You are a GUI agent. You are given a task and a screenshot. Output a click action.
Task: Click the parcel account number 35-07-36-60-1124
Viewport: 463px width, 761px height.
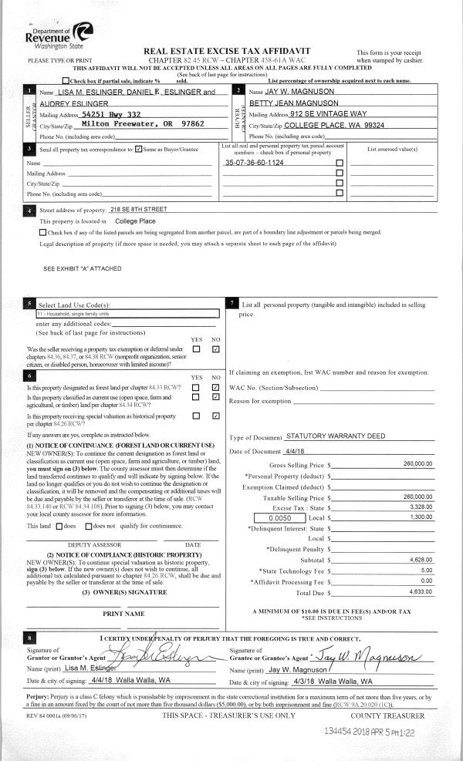coord(255,163)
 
